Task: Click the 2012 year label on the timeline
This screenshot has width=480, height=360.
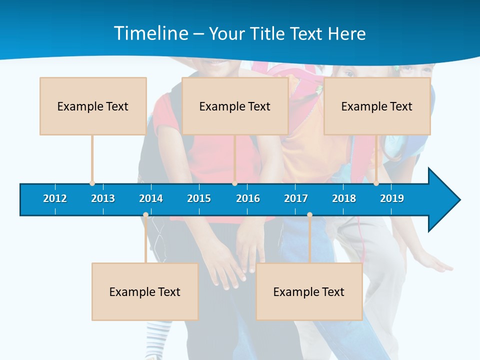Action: pyautogui.click(x=55, y=198)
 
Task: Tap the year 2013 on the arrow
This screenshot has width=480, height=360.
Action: pyautogui.click(x=103, y=198)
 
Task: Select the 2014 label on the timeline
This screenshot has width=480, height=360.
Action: pyautogui.click(x=151, y=198)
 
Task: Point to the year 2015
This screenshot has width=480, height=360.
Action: pyautogui.click(x=199, y=198)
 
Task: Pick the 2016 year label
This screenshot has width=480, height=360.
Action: pyautogui.click(x=248, y=198)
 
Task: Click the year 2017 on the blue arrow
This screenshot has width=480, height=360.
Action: pyautogui.click(x=296, y=198)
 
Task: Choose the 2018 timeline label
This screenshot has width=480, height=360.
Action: pyautogui.click(x=344, y=198)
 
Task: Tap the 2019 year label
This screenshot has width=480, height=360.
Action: pyautogui.click(x=392, y=198)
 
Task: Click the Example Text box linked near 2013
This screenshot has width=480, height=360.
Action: pyautogui.click(x=93, y=106)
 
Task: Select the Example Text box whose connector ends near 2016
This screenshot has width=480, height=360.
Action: pyautogui.click(x=235, y=106)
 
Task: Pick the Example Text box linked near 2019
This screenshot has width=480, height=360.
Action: pyautogui.click(x=377, y=106)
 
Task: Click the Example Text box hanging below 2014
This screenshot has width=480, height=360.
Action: pyautogui.click(x=145, y=291)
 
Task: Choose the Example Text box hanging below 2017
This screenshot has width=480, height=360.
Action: pyautogui.click(x=309, y=291)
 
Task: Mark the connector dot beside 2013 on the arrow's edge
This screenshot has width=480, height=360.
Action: pyautogui.click(x=92, y=183)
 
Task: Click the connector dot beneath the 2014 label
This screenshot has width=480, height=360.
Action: pyautogui.click(x=145, y=215)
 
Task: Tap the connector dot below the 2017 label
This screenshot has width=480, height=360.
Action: pyautogui.click(x=309, y=215)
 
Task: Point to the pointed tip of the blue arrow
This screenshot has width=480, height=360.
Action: pyautogui.click(x=459, y=200)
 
